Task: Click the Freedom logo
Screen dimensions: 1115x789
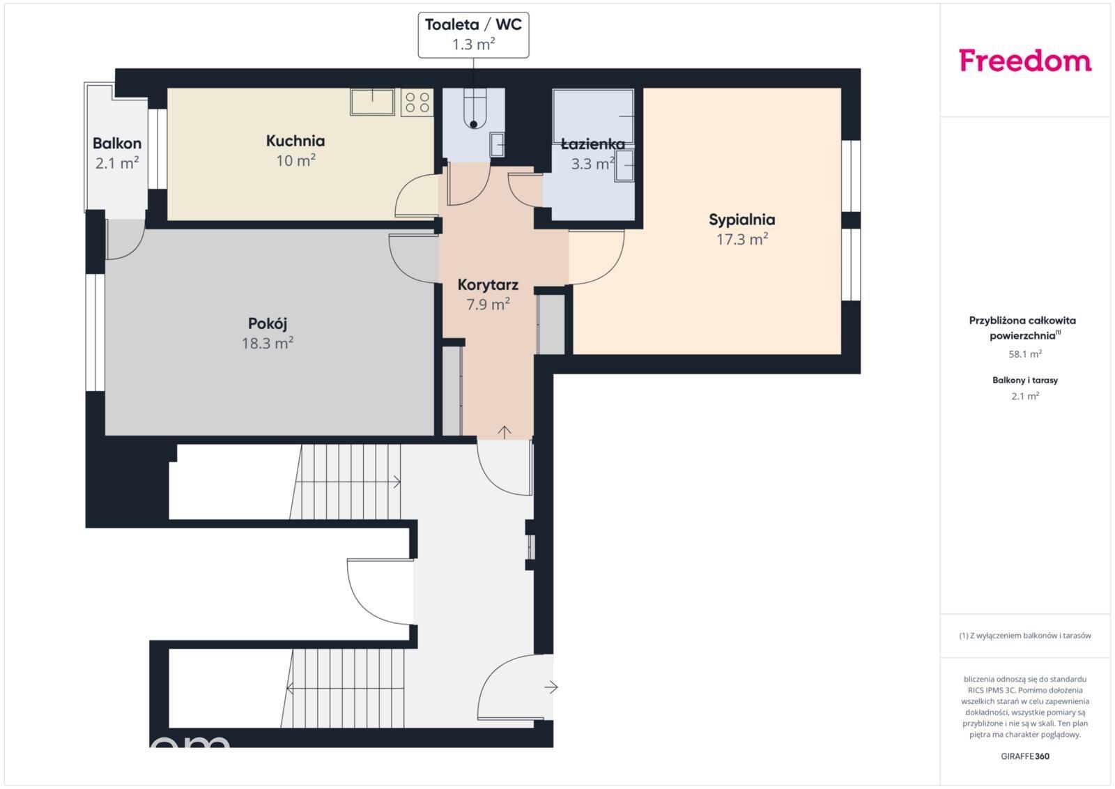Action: coord(1025,60)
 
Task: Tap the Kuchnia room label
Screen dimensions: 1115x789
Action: coord(295,141)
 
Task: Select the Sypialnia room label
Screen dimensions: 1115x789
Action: coord(741,220)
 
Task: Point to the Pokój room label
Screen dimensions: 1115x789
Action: coord(268,323)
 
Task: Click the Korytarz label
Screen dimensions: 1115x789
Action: coord(488,285)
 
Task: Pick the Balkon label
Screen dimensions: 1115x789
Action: coord(117,144)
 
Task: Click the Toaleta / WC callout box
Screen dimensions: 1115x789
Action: coord(473,35)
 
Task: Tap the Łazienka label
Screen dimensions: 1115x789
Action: coord(592,144)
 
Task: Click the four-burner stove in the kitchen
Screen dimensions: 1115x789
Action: coord(417,102)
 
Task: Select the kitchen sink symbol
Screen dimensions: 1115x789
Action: coord(372,102)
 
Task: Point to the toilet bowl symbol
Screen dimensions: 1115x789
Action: coord(473,109)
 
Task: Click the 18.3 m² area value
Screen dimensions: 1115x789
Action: coord(268,343)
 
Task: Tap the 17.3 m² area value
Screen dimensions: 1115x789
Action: coord(741,239)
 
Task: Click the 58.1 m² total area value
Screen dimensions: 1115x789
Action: coord(1025,354)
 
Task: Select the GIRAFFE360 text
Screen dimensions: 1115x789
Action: coord(1025,756)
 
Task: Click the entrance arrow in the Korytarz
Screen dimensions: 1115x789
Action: coord(505,432)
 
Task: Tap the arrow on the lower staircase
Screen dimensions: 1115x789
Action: coord(345,689)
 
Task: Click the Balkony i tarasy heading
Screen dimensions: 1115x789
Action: coord(1025,381)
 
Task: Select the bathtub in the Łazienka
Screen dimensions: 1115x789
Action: coord(593,116)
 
